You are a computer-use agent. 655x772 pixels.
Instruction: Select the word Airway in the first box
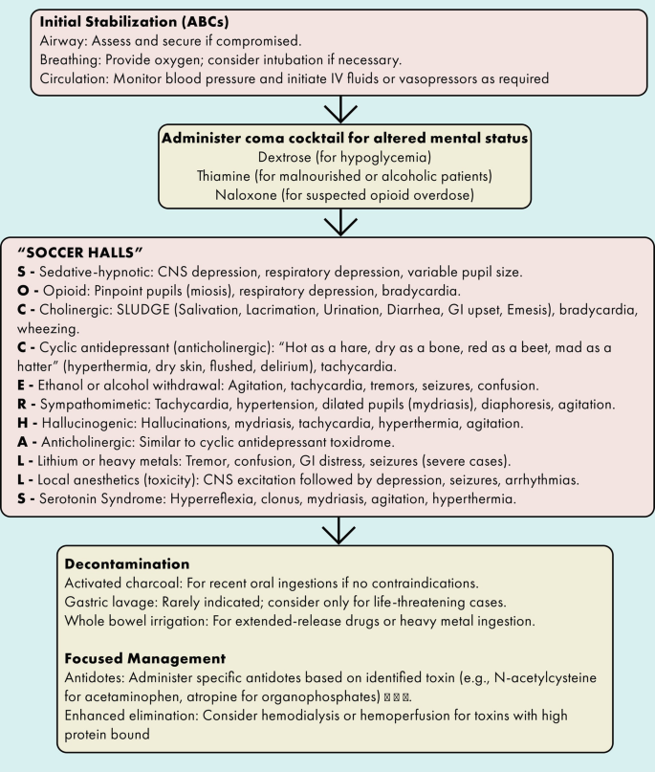[61, 42]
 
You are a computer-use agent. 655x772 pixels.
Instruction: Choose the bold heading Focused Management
[146, 660]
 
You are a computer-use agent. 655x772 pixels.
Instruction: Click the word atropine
[262, 698]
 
